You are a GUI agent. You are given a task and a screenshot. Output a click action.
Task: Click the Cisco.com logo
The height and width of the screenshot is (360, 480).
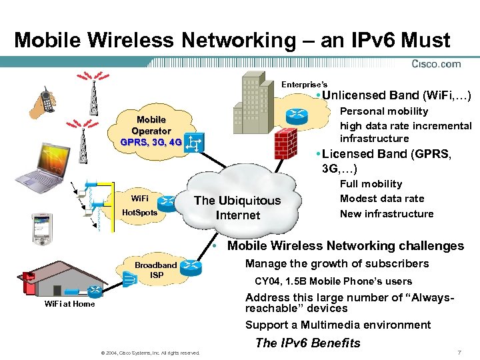coord(437,64)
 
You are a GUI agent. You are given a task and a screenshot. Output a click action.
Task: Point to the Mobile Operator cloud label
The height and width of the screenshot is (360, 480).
coord(151,131)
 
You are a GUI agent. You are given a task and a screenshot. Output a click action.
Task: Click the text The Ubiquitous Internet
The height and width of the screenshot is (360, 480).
coord(237,208)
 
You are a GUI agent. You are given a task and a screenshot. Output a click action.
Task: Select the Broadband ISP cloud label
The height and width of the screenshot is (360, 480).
coord(156,270)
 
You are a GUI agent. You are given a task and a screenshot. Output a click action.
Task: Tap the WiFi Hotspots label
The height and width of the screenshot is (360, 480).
coord(140,205)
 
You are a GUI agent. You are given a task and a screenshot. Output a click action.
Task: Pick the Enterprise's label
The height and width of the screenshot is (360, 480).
coord(304,85)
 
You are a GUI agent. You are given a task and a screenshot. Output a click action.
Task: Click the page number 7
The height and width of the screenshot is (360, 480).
coord(460,352)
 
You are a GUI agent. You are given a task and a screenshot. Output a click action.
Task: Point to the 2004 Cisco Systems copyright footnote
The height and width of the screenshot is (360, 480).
coord(149,353)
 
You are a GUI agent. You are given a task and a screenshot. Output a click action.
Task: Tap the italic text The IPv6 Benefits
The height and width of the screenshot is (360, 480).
coord(307,343)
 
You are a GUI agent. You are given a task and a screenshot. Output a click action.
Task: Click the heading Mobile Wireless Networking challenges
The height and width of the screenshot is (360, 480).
coord(345,246)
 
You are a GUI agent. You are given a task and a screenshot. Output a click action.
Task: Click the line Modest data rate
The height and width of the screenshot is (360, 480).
coord(381,199)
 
